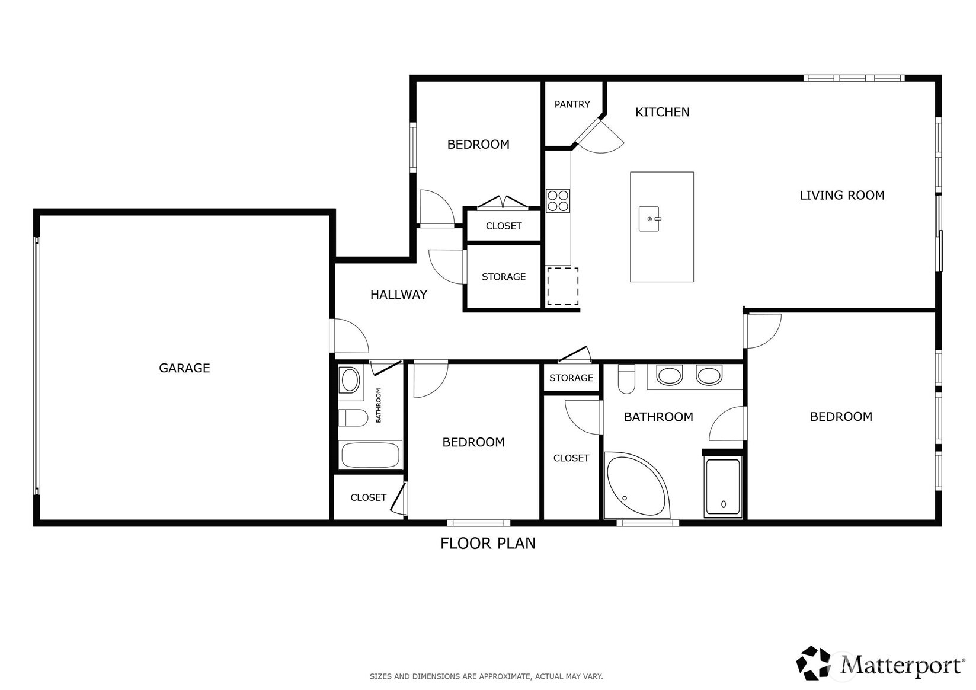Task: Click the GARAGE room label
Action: pos(184,368)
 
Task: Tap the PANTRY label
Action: pos(572,104)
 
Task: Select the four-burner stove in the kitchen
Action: pos(558,200)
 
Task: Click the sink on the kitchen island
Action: pos(649,219)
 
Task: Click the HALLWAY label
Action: pos(398,295)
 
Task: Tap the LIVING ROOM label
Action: pos(841,196)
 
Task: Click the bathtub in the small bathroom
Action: pos(370,455)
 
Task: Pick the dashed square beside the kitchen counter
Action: pos(562,287)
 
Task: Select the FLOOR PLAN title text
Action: pos(488,543)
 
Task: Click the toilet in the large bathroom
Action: pos(626,379)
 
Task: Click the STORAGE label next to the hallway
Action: pos(503,277)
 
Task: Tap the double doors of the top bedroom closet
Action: pos(503,203)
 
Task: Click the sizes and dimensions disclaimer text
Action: pos(486,676)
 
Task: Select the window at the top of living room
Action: pos(853,78)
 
